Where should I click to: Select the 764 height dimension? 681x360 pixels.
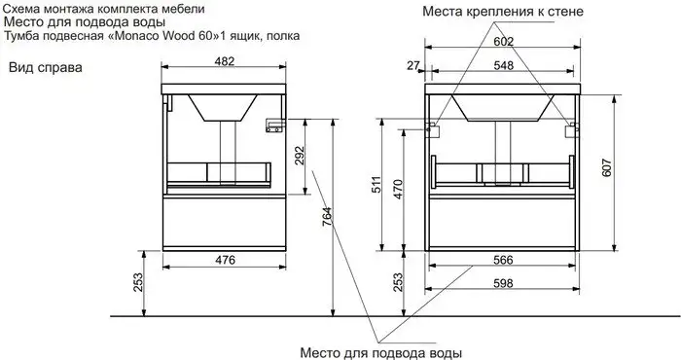tap(328, 218)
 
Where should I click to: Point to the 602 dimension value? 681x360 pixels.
tap(502, 42)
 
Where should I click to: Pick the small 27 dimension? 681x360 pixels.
tap(412, 66)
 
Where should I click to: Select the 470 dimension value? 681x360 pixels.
tap(398, 188)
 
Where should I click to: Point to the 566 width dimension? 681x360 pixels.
tap(502, 259)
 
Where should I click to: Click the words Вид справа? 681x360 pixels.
tap(46, 69)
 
